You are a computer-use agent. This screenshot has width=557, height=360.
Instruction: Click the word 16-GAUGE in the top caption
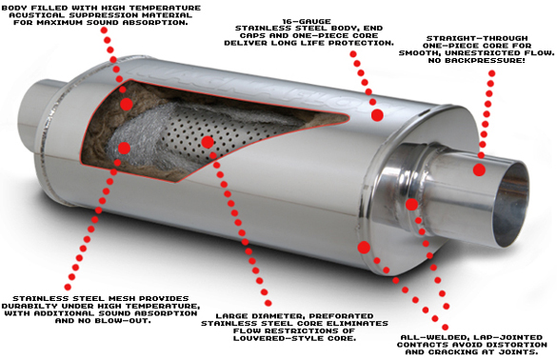point(307,21)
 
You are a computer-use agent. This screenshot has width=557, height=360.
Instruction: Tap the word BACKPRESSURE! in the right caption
point(490,60)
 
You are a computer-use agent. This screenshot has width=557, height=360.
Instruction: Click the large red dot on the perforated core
point(208,142)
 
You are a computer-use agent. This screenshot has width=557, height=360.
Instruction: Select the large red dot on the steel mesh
point(124,148)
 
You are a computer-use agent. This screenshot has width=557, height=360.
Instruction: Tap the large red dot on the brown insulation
point(127,104)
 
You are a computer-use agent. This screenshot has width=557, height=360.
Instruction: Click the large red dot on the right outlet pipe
point(479,170)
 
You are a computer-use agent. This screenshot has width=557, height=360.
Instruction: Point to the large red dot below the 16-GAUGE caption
point(377,115)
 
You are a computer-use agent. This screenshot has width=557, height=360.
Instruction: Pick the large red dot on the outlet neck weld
point(411,205)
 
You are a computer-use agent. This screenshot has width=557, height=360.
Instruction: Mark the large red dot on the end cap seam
point(364,248)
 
